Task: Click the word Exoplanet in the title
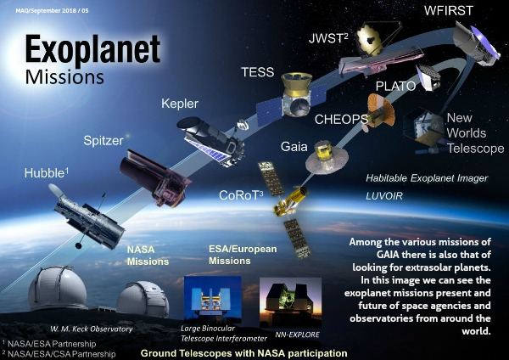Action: tap(92, 49)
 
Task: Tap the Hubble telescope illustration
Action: tap(87, 217)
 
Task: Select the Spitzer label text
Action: tap(103, 141)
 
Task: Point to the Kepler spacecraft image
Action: tap(210, 142)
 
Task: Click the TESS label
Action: tap(258, 72)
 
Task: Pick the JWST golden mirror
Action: tap(370, 40)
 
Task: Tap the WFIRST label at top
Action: tap(448, 10)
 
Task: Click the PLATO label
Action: tap(395, 86)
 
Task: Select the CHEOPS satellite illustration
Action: tap(380, 112)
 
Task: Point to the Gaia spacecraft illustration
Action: tap(327, 157)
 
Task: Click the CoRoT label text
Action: tap(241, 195)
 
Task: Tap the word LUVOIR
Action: tap(384, 196)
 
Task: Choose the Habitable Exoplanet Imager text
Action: tap(427, 178)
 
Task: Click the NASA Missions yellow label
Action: tap(148, 256)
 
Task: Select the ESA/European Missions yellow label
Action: tap(243, 255)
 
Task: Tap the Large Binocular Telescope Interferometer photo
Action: tap(213, 299)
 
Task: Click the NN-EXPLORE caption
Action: tap(298, 335)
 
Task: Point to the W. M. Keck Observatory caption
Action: tap(92, 329)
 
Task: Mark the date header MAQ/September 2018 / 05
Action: tap(52, 11)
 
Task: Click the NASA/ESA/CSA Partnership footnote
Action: tap(59, 354)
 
